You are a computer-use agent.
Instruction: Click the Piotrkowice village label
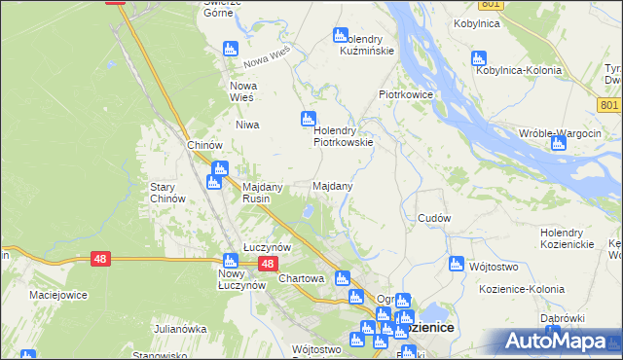[x=405, y=94]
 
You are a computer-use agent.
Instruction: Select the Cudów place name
[x=433, y=218]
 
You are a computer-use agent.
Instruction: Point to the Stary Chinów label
[x=167, y=192]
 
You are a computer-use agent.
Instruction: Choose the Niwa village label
[x=245, y=125]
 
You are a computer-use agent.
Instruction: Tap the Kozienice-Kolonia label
[x=522, y=290]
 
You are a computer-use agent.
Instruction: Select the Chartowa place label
[x=301, y=278]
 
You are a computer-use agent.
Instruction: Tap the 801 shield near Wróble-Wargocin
[x=610, y=105]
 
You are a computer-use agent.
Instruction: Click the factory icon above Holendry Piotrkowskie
[x=309, y=119]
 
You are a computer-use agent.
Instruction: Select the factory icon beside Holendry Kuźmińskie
[x=340, y=35]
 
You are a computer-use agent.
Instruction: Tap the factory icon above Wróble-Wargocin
[x=558, y=144]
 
